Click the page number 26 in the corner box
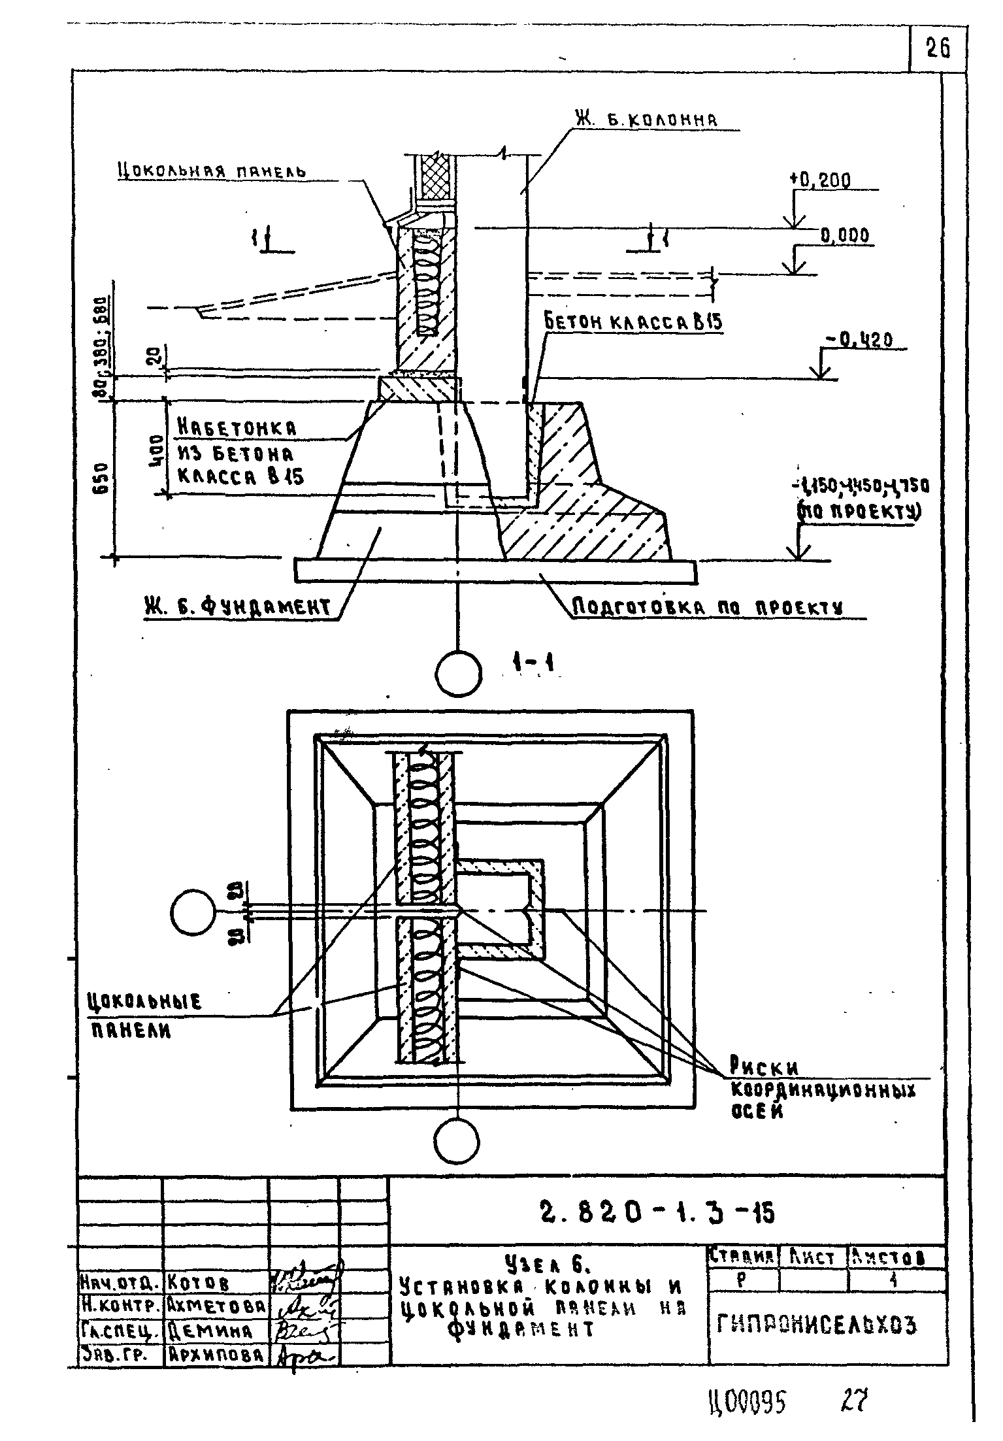(x=938, y=49)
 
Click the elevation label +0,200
(x=820, y=181)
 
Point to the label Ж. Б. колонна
(x=646, y=120)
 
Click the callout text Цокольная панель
(x=212, y=172)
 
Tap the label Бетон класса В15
(x=633, y=322)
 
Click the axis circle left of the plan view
(x=193, y=912)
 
